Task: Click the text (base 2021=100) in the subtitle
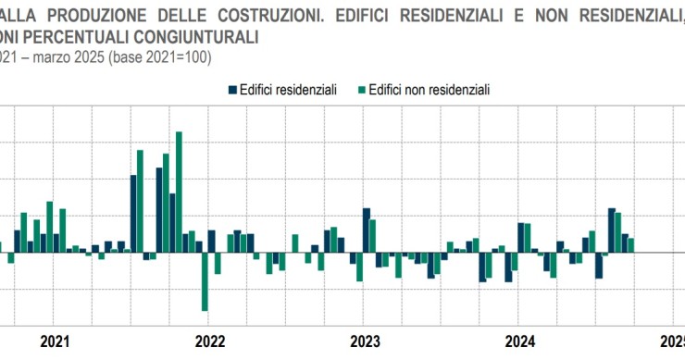161,56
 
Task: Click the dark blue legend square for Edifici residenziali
232,89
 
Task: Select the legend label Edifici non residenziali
428,89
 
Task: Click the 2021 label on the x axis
56,341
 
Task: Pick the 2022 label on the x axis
211,341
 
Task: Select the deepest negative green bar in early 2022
205,281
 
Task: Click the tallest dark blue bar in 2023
367,230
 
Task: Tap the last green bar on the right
631,245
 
